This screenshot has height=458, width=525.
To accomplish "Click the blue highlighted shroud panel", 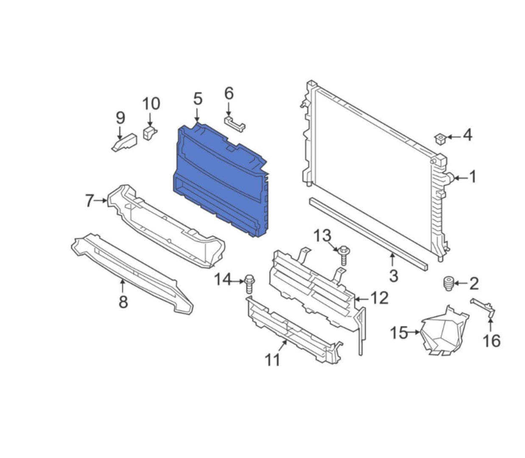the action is (221, 180).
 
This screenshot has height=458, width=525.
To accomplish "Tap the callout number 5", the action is (198, 99).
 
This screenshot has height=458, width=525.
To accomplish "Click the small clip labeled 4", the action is (441, 139).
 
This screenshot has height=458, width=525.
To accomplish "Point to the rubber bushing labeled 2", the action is (448, 283).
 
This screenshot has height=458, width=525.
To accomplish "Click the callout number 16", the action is (491, 341).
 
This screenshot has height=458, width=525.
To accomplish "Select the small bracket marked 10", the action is (149, 133).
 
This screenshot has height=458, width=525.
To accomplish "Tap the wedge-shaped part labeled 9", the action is (124, 142).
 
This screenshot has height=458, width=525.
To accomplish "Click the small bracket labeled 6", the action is (235, 124).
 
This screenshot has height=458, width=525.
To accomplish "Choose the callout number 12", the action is (379, 298).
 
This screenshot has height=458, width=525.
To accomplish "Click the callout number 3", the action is (394, 276).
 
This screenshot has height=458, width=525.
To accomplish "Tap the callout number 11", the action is (273, 360).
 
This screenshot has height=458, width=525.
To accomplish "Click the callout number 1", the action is (472, 177).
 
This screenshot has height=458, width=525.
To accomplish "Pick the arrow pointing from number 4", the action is (453, 137).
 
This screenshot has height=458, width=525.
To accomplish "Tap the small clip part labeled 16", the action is (483, 308).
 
